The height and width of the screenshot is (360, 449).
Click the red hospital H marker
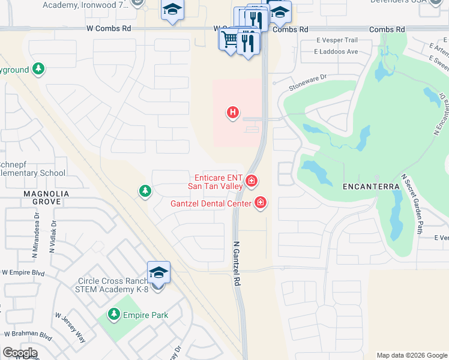233,112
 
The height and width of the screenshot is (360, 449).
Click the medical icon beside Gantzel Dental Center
261,203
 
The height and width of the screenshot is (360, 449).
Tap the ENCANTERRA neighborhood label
371,187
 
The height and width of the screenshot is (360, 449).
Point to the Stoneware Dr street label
307,82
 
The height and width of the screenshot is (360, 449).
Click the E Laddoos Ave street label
336,52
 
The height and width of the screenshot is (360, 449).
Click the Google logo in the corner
20,353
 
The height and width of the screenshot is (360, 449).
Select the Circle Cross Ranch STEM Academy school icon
158,273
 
